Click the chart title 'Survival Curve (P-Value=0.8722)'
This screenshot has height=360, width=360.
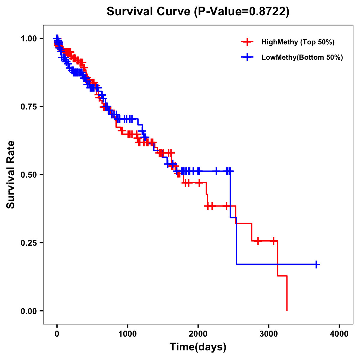(198, 12)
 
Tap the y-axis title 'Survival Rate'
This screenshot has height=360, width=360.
(11, 175)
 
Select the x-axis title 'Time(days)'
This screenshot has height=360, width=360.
(198, 347)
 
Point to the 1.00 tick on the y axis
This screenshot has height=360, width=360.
(28, 39)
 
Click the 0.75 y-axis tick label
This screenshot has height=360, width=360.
(28, 107)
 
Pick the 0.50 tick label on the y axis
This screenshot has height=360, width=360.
(28, 175)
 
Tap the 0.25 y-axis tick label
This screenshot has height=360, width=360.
(28, 243)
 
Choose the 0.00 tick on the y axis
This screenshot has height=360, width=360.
(28, 311)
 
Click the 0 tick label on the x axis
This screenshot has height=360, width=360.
(57, 334)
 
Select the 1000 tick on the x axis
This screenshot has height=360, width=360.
(127, 334)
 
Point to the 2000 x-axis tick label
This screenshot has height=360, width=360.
(198, 334)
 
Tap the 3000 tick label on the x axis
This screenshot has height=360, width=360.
(269, 334)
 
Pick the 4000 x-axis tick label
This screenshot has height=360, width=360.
(339, 334)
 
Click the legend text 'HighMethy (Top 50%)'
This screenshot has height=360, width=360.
(298, 42)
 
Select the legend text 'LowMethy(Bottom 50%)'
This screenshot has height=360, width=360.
(302, 57)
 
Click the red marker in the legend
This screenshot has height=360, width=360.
(247, 42)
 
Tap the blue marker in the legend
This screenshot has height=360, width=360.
(247, 57)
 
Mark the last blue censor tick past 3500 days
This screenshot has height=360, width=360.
(316, 264)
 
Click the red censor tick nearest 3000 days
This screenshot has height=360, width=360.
(274, 241)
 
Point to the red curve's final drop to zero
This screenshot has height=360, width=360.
(287, 294)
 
